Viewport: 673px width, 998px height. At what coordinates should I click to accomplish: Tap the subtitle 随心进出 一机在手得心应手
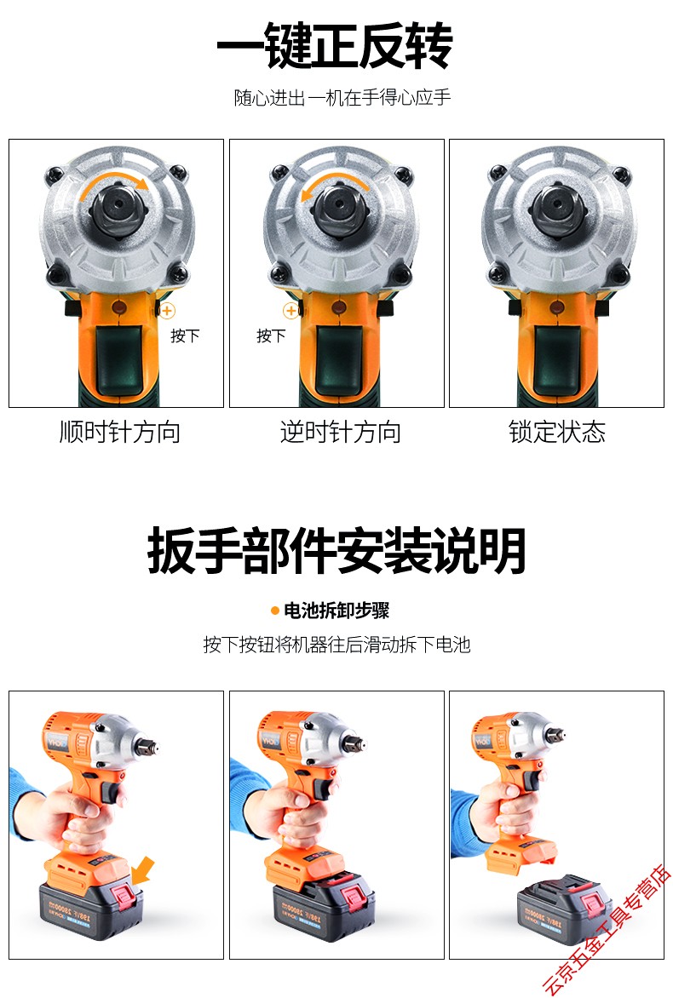tap(342, 98)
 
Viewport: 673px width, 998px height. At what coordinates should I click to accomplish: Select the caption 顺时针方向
tap(119, 432)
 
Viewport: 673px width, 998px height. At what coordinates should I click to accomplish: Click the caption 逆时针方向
tap(340, 432)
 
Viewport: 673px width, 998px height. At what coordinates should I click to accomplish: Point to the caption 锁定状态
tap(556, 432)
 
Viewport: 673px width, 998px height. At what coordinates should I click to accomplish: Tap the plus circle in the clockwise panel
tap(168, 312)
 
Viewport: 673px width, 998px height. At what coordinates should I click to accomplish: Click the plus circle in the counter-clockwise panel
tap(290, 312)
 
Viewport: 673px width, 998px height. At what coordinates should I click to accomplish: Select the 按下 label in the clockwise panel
tap(185, 336)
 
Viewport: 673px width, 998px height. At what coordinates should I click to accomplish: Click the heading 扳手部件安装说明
tap(336, 551)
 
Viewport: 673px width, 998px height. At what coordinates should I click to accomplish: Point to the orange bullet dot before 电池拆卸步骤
tap(274, 611)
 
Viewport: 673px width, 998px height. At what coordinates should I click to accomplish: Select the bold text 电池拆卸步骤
tap(336, 611)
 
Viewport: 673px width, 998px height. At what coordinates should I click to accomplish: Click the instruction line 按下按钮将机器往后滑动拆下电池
tap(336, 644)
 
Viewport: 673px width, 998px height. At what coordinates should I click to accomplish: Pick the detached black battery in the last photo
tap(564, 913)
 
